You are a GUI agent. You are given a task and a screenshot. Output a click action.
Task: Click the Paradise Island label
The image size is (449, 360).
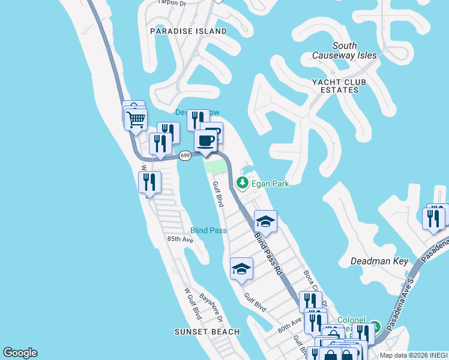click(188, 31)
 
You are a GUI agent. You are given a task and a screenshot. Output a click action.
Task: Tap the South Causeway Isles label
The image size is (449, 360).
click(345, 50)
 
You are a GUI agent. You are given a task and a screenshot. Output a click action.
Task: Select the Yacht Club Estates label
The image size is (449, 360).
click(335, 86)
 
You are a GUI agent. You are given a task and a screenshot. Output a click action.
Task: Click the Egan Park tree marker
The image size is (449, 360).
click(242, 182)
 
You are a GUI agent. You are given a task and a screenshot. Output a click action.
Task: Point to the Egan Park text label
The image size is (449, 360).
click(270, 183)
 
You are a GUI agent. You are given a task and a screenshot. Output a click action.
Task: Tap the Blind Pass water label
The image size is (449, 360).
click(208, 230)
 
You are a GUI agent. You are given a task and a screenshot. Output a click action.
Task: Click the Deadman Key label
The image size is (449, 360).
click(380, 261)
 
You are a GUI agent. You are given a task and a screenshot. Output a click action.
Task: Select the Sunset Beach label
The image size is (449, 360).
click(207, 332)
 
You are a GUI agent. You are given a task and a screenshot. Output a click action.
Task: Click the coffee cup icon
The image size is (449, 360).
click(205, 140)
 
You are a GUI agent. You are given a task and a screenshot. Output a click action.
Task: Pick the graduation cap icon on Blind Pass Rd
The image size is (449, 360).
click(265, 221)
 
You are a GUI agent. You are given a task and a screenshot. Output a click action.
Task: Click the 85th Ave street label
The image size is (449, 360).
click(180, 239)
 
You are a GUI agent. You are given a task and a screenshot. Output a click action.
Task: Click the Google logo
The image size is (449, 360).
click(20, 353)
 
